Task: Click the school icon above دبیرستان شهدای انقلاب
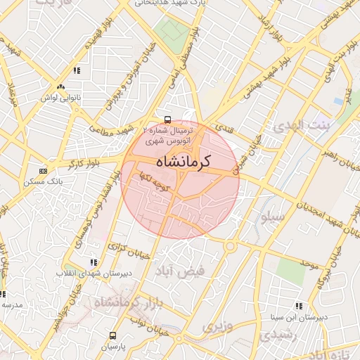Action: click(94, 263)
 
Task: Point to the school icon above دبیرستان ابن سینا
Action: click(299, 307)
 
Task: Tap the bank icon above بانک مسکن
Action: click(44, 171)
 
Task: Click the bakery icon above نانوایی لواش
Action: click(60, 86)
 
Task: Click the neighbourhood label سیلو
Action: click(272, 217)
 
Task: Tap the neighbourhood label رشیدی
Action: click(275, 336)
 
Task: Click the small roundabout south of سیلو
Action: click(230, 246)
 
